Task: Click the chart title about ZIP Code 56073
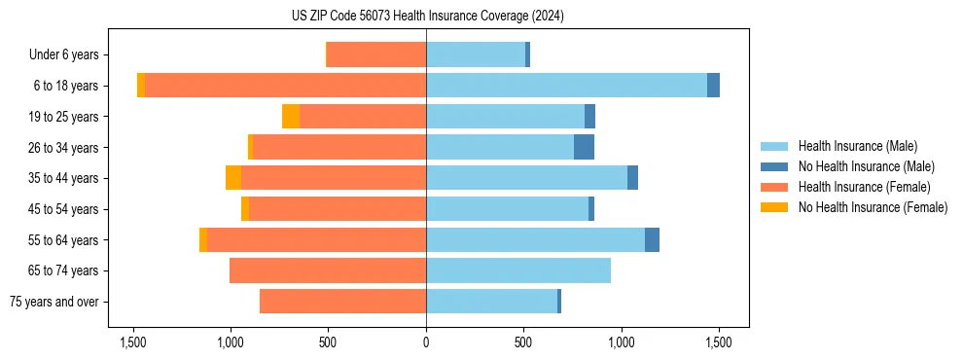[426, 17]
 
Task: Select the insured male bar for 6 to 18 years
[566, 86]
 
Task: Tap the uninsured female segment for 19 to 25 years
[291, 117]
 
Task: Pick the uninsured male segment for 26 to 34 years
[584, 148]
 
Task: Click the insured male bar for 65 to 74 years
[518, 270]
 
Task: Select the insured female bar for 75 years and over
[342, 302]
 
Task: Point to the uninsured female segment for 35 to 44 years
[233, 178]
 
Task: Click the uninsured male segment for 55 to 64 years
[652, 240]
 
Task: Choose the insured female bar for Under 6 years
[376, 54]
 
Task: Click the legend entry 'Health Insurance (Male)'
[857, 146]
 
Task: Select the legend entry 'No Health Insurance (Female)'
[873, 207]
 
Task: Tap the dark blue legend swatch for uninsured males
[774, 166]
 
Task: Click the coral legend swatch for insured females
[774, 187]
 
